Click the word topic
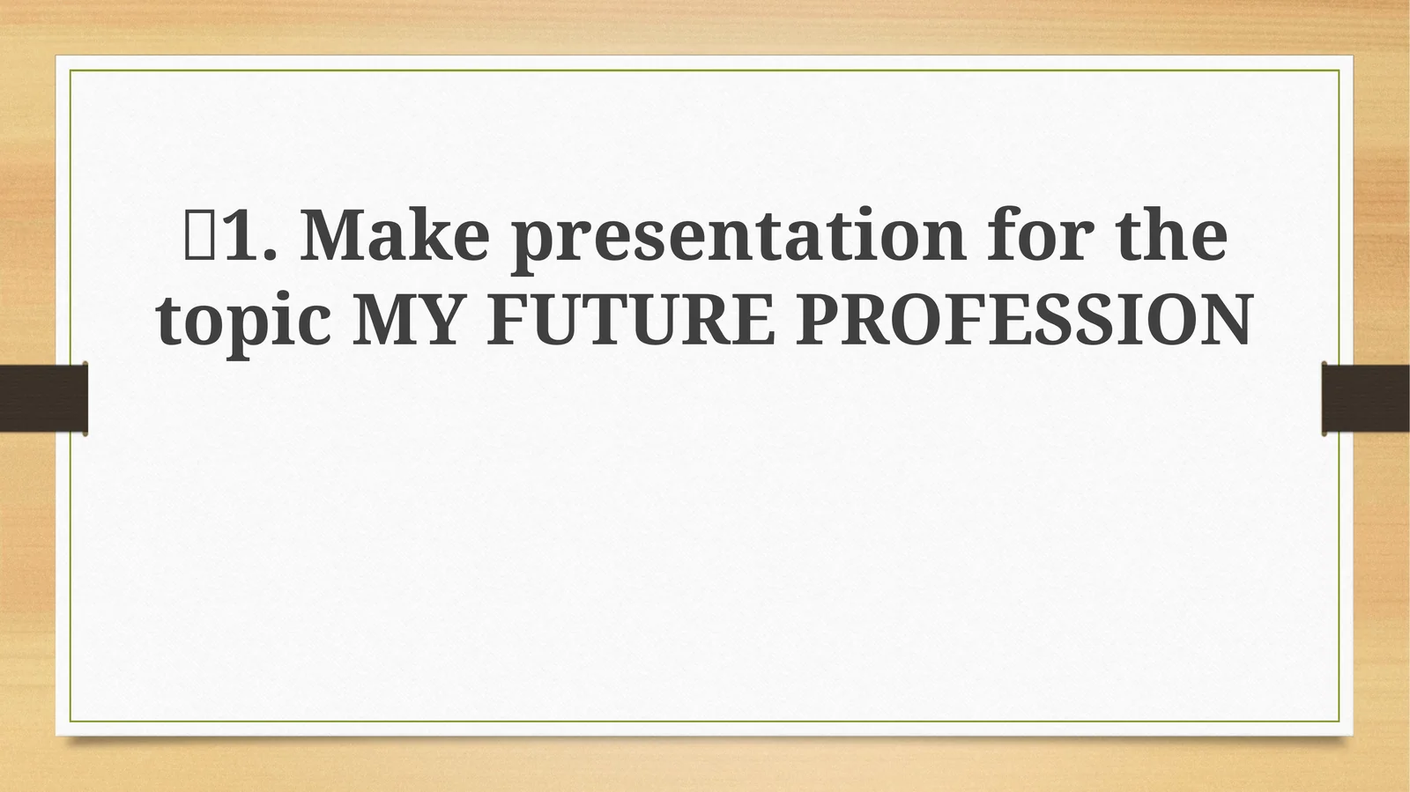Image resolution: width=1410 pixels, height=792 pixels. pyautogui.click(x=243, y=321)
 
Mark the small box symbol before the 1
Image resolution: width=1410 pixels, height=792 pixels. pyautogui.click(x=197, y=236)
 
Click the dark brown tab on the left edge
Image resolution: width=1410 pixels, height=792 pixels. pyautogui.click(x=43, y=398)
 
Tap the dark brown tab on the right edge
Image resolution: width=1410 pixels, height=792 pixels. pyautogui.click(x=1366, y=398)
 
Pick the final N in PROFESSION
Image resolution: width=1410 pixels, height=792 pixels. pyautogui.click(x=1225, y=321)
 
